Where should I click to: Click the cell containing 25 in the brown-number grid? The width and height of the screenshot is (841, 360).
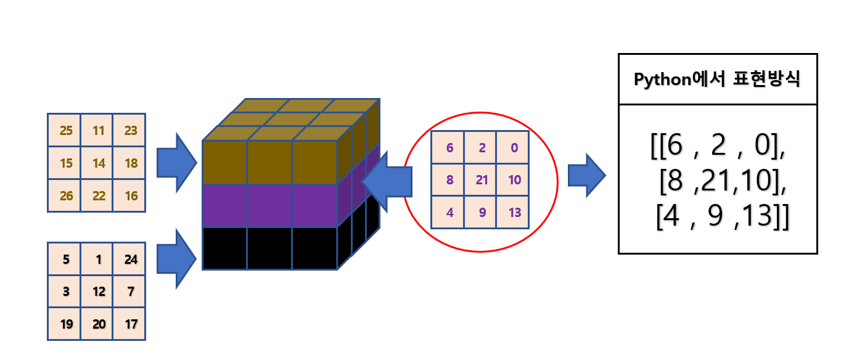point(65,130)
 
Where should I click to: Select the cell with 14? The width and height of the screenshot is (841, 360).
point(97,163)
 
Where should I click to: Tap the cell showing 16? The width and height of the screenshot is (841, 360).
point(130,196)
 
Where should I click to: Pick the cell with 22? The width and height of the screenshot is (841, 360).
point(97,196)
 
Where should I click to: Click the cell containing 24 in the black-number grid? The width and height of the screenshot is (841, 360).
point(130,259)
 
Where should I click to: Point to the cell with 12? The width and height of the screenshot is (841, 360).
point(97,291)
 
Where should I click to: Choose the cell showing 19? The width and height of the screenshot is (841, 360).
point(65,324)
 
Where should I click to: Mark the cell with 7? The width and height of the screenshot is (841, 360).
point(130,291)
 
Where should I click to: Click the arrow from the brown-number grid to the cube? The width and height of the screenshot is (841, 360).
point(176,162)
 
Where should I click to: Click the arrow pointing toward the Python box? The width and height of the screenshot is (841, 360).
point(585,175)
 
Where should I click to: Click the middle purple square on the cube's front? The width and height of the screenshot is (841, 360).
point(269,206)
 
